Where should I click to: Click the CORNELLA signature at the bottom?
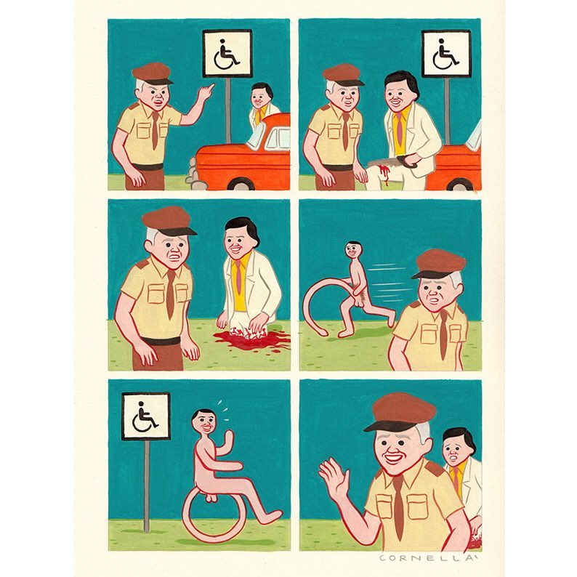(429, 558)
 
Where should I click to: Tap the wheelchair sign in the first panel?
(227, 54)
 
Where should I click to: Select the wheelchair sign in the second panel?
(446, 54)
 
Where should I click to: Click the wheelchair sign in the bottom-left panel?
(146, 416)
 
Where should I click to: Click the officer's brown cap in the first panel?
(152, 73)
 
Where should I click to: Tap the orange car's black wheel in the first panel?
(241, 185)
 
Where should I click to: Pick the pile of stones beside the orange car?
(191, 171)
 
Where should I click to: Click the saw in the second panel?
(393, 161)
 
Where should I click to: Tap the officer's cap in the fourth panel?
(438, 264)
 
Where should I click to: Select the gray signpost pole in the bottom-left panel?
(147, 485)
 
